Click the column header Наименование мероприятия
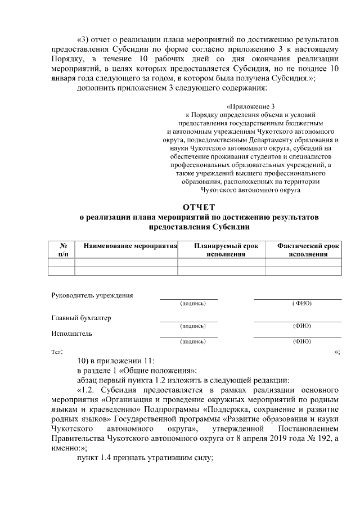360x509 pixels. pos(130,246)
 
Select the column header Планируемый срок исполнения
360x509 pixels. pos(222,250)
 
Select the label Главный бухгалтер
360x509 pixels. pos(81,318)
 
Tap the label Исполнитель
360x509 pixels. pos(71,334)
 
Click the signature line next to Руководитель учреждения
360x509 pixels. pos(188,299)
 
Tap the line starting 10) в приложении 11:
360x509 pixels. pos(112,361)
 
